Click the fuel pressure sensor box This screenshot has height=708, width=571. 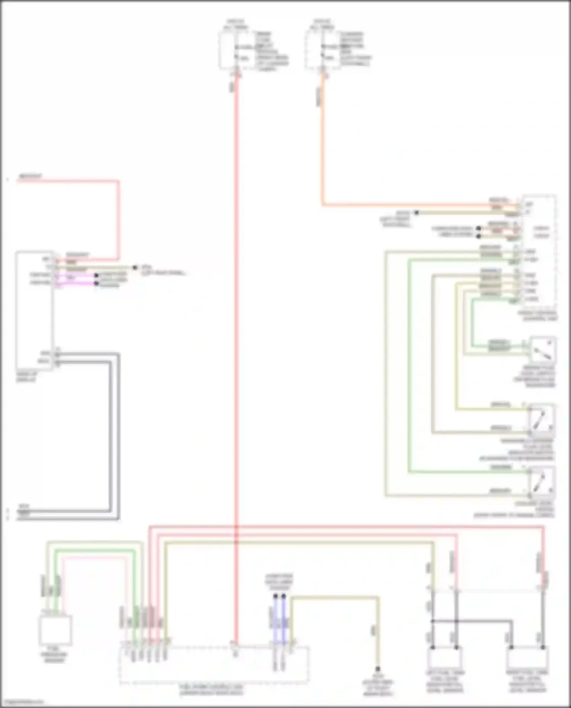coord(55,630)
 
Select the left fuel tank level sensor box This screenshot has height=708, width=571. coord(445,659)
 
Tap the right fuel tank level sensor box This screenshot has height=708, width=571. coord(528,659)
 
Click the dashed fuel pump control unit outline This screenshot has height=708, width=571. coord(214,664)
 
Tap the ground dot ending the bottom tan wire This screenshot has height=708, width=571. coord(378,669)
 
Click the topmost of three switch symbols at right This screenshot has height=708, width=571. coord(542,350)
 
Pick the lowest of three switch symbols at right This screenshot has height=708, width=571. coord(542,481)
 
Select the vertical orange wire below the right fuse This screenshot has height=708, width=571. coord(322,145)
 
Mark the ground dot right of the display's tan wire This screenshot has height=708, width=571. coord(135,267)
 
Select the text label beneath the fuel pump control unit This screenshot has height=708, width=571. coord(212,690)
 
